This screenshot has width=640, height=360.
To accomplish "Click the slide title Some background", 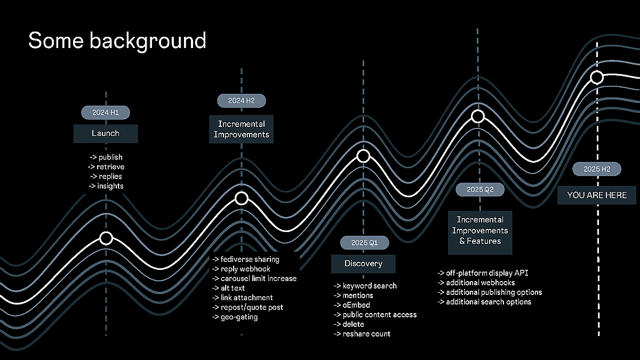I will (x=117, y=41).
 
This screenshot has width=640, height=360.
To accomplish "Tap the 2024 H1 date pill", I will (x=106, y=113).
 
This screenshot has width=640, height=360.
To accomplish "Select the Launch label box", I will (x=106, y=133).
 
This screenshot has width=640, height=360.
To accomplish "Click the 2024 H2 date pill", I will (x=241, y=100).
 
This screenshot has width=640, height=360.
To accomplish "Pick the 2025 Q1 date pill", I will (x=364, y=243).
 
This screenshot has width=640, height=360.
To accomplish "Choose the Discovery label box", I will (x=363, y=263).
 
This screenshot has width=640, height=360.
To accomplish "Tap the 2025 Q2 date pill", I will (x=480, y=189).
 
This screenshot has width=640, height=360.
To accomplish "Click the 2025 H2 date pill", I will (x=597, y=169).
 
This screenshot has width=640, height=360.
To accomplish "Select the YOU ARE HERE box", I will (x=597, y=195).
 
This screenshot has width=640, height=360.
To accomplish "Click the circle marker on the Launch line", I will (x=106, y=238).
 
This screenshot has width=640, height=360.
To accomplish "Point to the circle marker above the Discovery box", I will (x=363, y=156).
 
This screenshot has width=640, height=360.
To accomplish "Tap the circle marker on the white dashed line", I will (x=597, y=78).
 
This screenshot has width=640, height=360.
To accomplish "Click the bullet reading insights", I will (x=106, y=186).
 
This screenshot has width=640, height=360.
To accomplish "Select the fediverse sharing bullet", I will (x=246, y=259).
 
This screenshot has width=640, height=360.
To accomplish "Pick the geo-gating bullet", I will (x=235, y=317).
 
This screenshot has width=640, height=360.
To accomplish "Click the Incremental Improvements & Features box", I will (x=480, y=230).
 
